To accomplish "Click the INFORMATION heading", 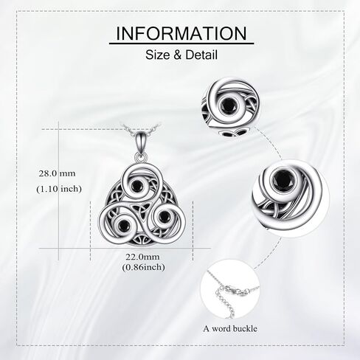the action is (x=181, y=33).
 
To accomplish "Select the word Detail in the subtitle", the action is (x=201, y=55).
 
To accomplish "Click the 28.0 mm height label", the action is (x=57, y=173).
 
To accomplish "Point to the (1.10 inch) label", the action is (x=59, y=189).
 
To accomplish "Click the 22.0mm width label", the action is (x=143, y=257).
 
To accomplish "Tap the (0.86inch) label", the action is (x=144, y=267).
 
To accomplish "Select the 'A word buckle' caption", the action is (x=230, y=328).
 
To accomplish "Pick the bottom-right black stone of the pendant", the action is (x=163, y=215).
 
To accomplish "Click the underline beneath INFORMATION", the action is (x=181, y=44).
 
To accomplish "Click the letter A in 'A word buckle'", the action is (x=206, y=329).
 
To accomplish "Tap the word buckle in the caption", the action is (x=245, y=328).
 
